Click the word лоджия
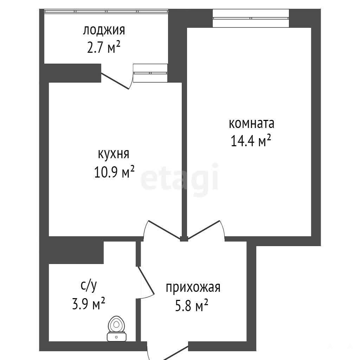[104, 31]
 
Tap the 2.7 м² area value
[104, 48]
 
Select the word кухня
[114, 154]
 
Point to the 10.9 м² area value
[114, 172]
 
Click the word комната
[251, 123]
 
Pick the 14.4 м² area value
[251, 141]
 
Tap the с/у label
[89, 285]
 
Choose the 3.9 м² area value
[89, 303]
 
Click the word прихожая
[193, 288]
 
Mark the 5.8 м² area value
[192, 305]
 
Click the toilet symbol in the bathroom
[117, 329]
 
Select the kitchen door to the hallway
[165, 230]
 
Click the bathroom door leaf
[146, 280]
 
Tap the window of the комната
[251, 18]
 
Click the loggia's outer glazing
[106, 11]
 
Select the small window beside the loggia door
[150, 73]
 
